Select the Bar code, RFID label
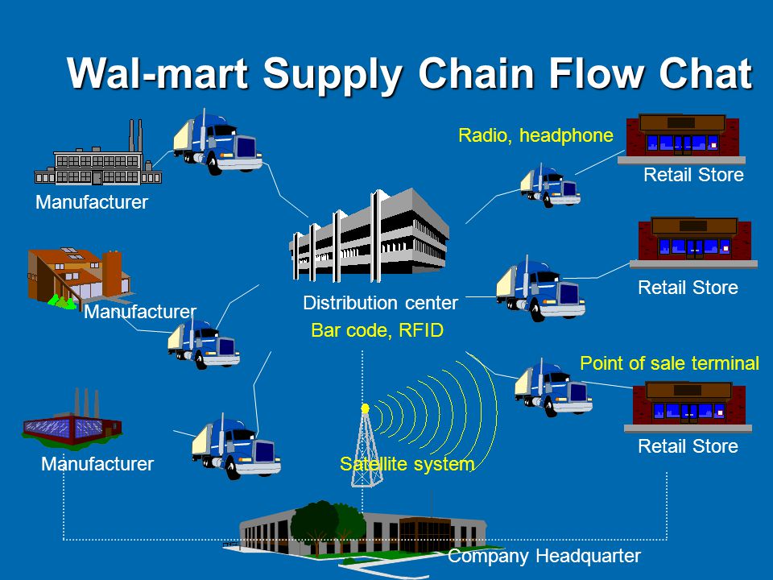tap(378, 330)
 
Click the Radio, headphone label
tap(535, 135)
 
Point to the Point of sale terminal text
tap(669, 363)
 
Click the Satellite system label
tap(407, 464)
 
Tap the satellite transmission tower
tap(365, 451)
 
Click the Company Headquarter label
tap(544, 556)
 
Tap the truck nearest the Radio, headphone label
tap(549, 185)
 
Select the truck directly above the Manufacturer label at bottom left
tap(235, 446)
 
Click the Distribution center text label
tap(380, 304)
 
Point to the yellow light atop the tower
tap(365, 409)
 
